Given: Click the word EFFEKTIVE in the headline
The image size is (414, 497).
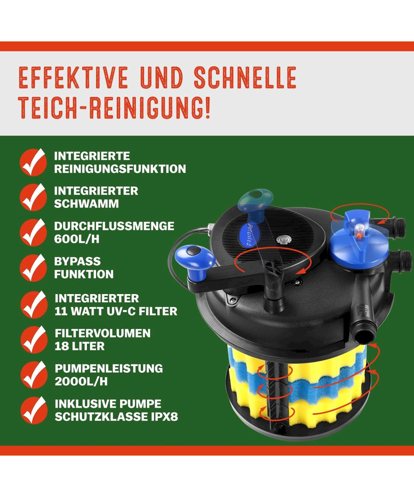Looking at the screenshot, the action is [74, 77].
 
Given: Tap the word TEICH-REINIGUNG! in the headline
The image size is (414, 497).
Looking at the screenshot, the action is [115, 108].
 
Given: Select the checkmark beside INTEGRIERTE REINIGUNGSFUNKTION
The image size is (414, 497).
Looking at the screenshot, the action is [33, 162].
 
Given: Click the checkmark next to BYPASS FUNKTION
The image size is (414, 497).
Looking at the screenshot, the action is [33, 268].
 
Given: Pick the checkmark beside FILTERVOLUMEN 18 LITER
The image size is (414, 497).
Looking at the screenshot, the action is [34, 339].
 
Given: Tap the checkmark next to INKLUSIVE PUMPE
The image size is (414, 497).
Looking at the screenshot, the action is [34, 410].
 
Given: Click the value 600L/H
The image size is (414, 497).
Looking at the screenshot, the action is [77, 239].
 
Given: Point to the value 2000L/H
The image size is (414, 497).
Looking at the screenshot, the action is [81, 381].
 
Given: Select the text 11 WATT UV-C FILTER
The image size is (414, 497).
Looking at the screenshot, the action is [116, 311].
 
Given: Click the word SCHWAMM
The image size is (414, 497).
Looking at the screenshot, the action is [87, 204].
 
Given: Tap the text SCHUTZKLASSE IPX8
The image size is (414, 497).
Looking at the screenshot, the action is [116, 417].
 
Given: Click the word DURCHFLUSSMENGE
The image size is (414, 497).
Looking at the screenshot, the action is [114, 226].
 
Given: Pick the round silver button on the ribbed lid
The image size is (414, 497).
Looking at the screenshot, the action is [283, 239].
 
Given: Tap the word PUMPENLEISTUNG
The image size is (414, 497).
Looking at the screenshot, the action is [109, 369].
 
